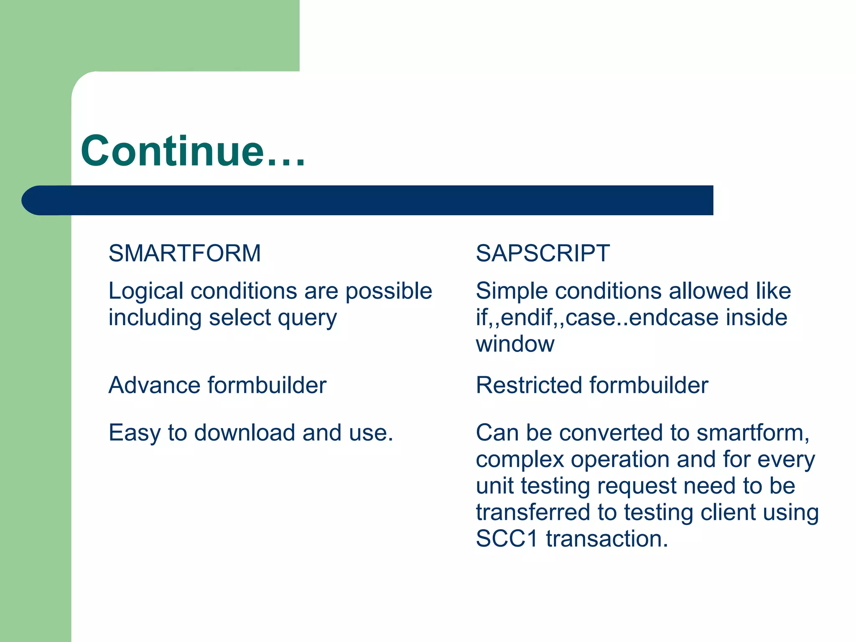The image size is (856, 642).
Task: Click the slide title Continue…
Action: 193,151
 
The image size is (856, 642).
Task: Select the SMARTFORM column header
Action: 184,253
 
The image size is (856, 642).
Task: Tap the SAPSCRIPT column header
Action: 543,253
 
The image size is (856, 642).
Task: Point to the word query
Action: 307,318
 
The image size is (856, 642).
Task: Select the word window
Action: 515,344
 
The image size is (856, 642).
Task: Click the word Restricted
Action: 528,385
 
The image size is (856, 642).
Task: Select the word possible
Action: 389,291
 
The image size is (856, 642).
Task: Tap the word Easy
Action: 134,433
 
